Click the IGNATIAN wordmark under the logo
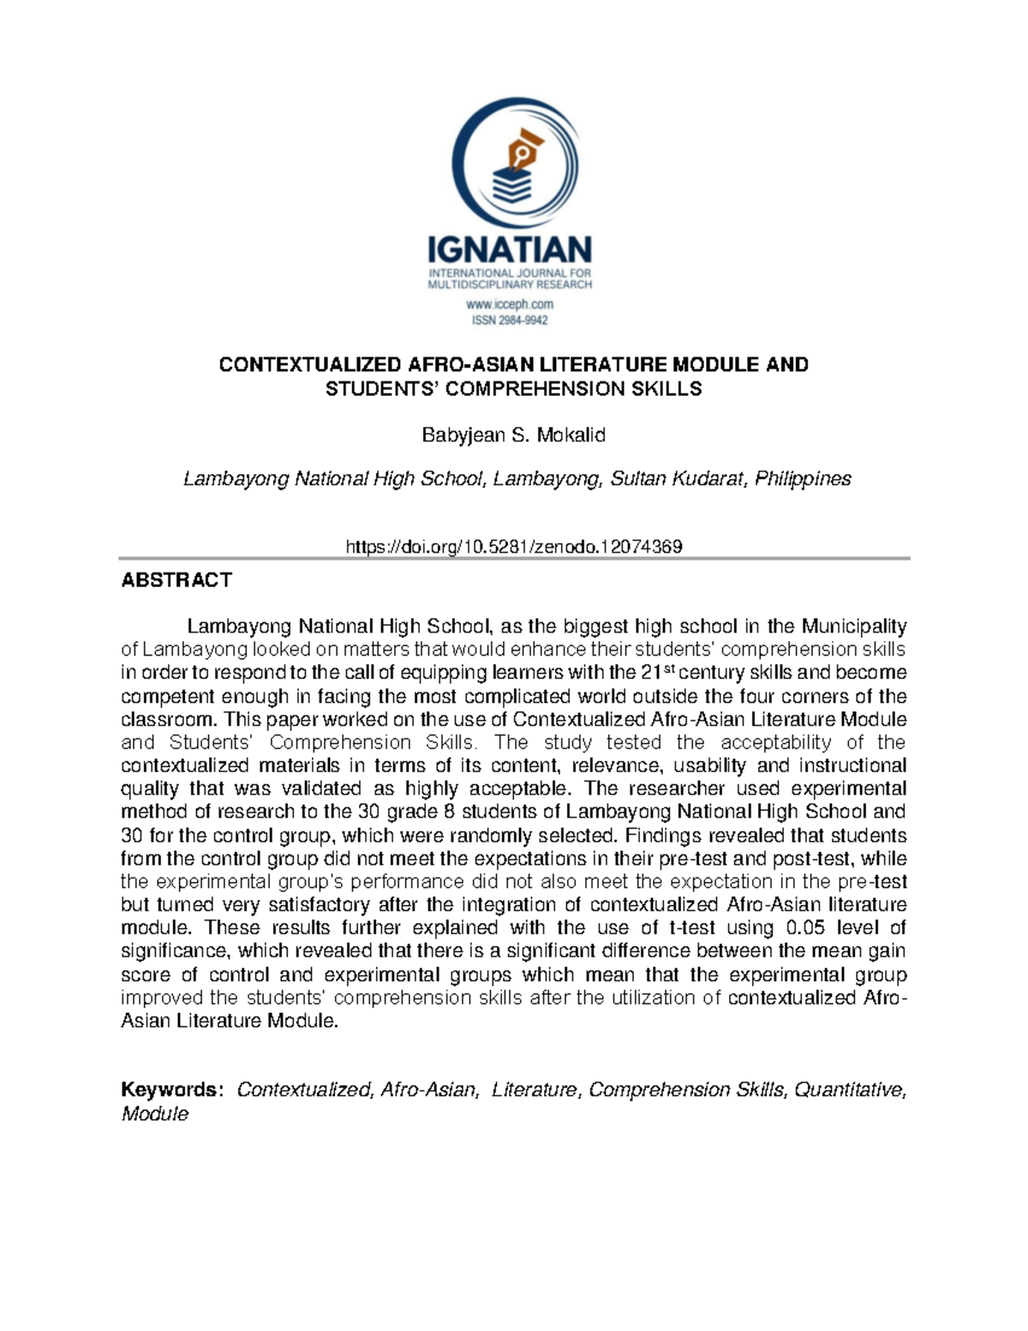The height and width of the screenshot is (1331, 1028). point(510,250)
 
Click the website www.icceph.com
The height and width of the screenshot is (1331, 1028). point(510,304)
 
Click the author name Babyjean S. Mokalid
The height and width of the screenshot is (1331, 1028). point(513,435)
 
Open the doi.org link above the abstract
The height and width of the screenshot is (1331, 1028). point(513,547)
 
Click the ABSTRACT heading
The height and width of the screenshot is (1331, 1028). point(176,580)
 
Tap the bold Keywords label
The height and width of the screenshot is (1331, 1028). point(171,1089)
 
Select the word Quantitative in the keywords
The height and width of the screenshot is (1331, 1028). point(848,1089)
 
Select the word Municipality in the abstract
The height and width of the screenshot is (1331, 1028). point(853,627)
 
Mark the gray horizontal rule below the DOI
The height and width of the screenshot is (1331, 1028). point(514,558)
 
